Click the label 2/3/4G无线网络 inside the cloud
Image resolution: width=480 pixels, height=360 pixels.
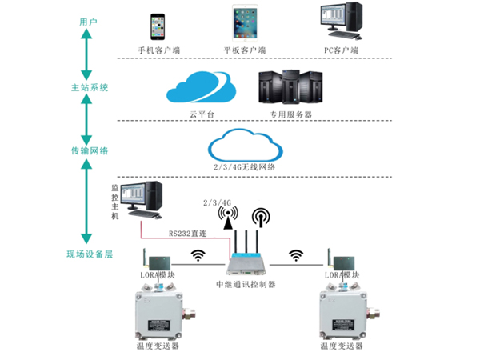pos(245,168)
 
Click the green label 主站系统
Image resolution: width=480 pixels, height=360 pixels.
pos(88,86)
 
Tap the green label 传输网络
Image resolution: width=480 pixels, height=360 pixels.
pos(88,150)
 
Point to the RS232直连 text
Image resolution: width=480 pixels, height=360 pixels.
pos(189,234)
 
